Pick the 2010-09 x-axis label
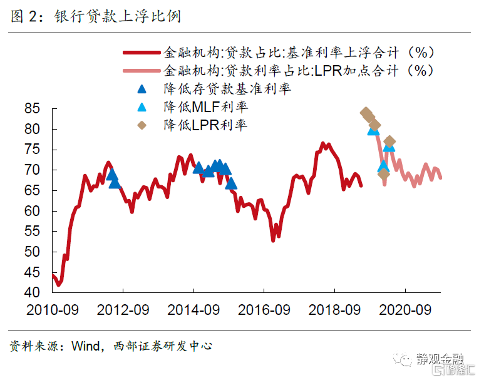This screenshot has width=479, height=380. [x=53, y=309]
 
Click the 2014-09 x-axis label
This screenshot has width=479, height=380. [x=193, y=309]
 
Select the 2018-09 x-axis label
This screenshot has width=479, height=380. [x=334, y=309]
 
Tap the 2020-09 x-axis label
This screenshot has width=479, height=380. [x=405, y=309]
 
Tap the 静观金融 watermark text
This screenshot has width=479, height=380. [x=441, y=359]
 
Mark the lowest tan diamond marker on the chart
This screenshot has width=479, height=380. [x=384, y=173]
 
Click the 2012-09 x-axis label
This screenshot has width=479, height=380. [x=123, y=309]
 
